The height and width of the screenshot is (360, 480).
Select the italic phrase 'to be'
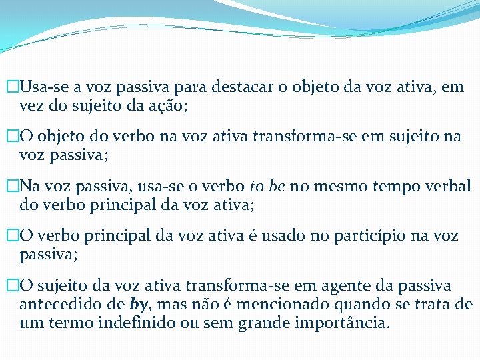coord(267,186)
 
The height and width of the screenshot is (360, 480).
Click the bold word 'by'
coord(138,305)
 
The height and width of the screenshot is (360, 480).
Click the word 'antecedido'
coord(59,305)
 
